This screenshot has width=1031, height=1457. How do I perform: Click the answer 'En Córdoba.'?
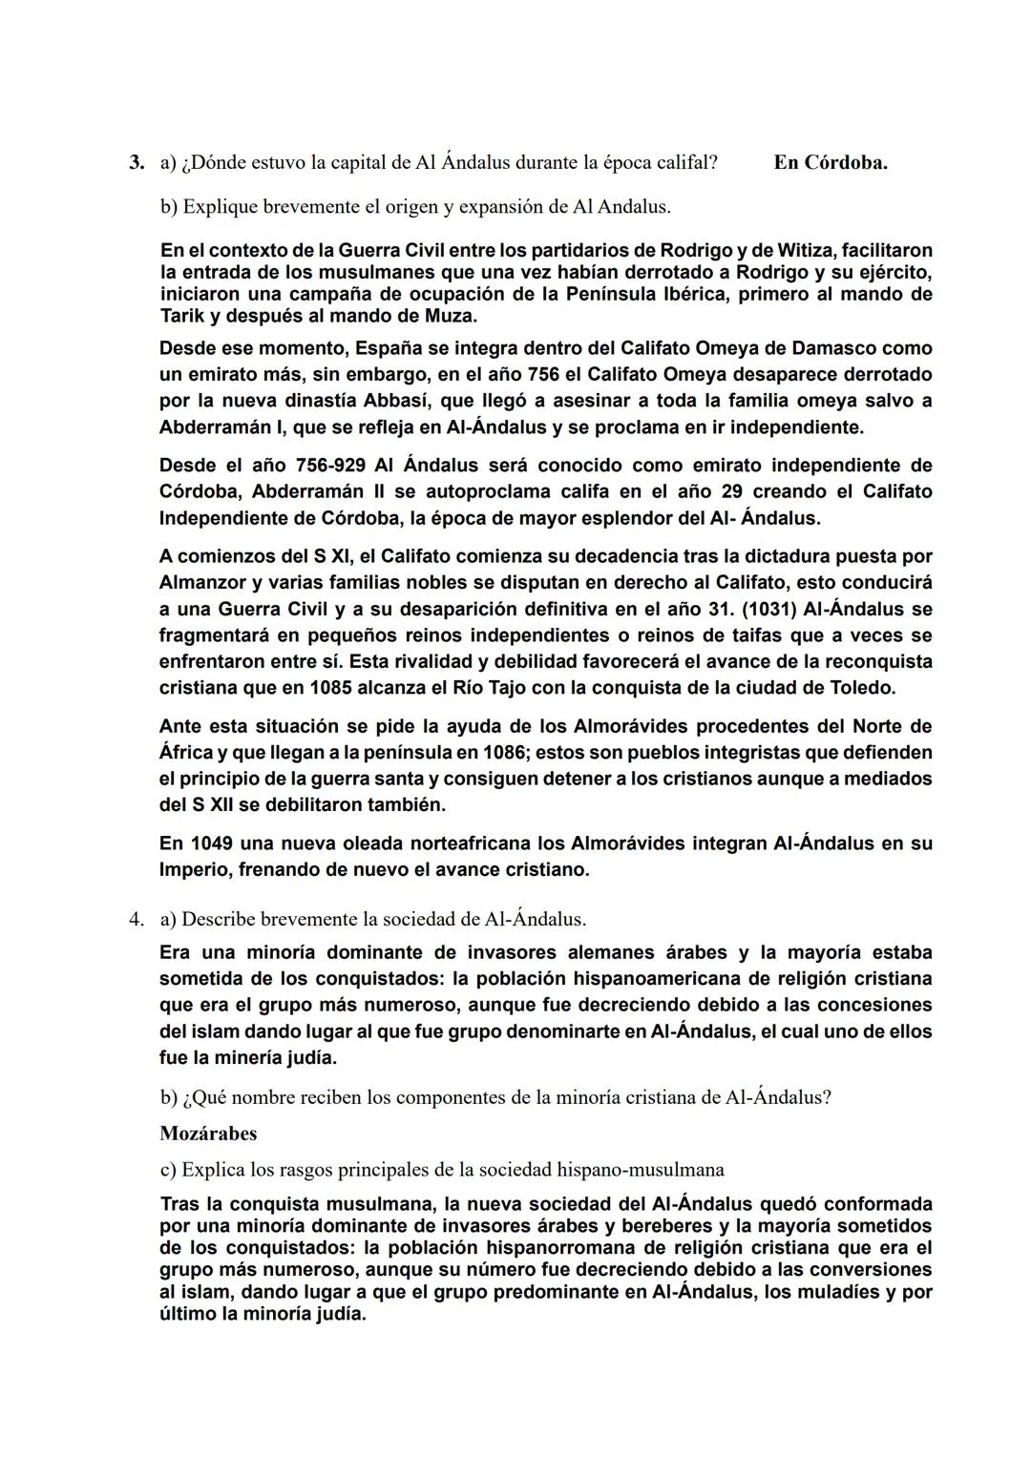(x=831, y=162)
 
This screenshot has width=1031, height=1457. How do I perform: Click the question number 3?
(x=137, y=162)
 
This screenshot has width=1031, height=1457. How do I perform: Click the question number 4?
(x=137, y=919)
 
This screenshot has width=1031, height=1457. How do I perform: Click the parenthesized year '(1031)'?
(x=768, y=609)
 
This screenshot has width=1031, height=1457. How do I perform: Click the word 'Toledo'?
(x=861, y=687)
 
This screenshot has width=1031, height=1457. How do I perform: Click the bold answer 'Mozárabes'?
(x=208, y=1134)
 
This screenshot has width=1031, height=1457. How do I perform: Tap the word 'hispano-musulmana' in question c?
(x=641, y=1169)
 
